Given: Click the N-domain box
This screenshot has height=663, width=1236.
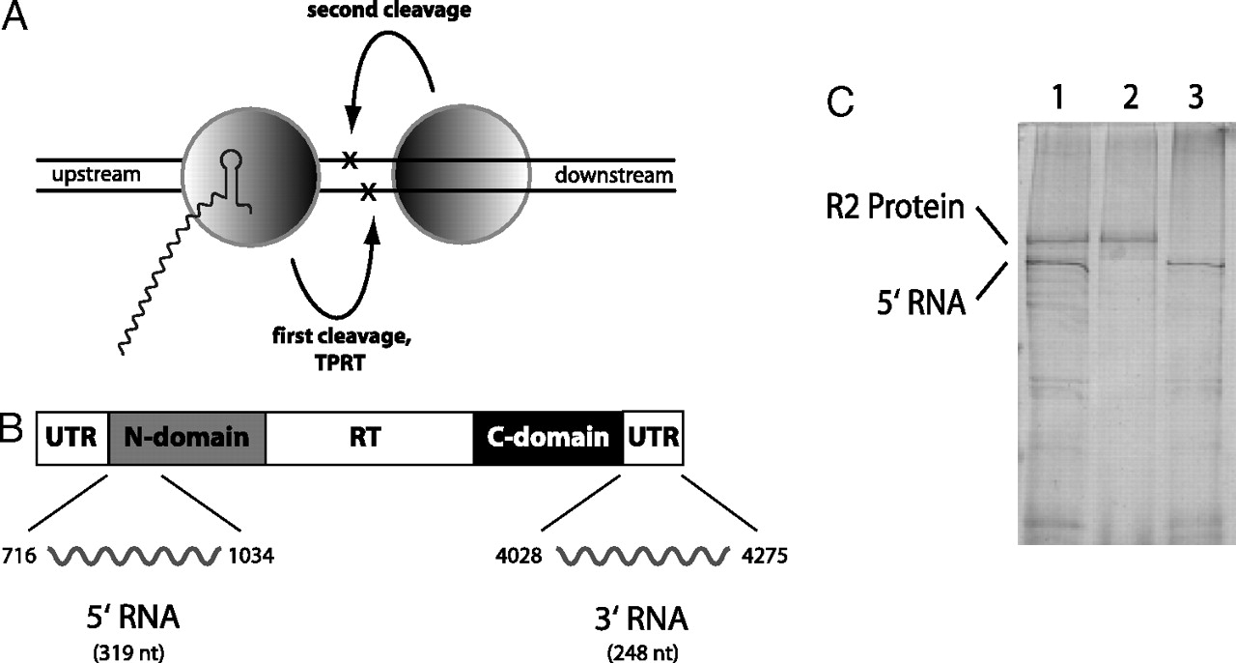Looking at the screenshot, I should point(187,437).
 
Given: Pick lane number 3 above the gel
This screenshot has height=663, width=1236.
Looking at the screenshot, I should point(1195,101).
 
